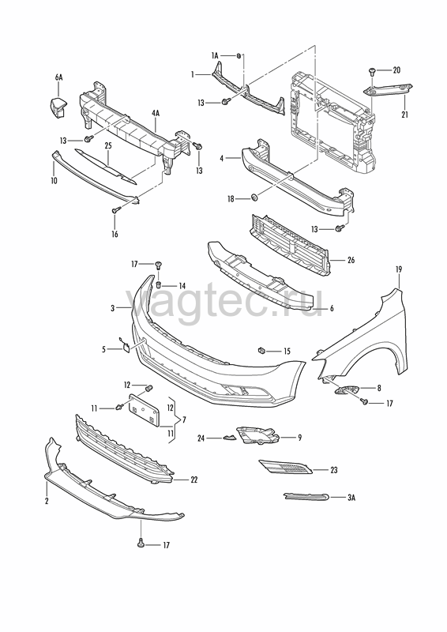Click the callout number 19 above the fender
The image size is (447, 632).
399,269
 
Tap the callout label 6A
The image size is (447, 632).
59,77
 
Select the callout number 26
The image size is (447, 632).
351,260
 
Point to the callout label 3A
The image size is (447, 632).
351,498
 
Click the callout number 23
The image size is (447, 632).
334,470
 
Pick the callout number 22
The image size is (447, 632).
194,480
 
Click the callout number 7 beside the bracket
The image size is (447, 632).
184,420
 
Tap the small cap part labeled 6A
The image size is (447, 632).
58,107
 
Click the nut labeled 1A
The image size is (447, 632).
239,55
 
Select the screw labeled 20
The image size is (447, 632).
371,72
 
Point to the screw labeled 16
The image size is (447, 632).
115,209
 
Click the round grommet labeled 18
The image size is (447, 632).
254,197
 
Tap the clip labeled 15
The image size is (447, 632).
261,350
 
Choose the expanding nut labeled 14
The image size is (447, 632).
159,284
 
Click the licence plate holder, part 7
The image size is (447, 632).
144,408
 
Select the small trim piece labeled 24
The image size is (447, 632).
229,438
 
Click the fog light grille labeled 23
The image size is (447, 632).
285,467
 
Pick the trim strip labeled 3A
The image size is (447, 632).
306,497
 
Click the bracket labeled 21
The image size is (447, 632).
387,89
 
